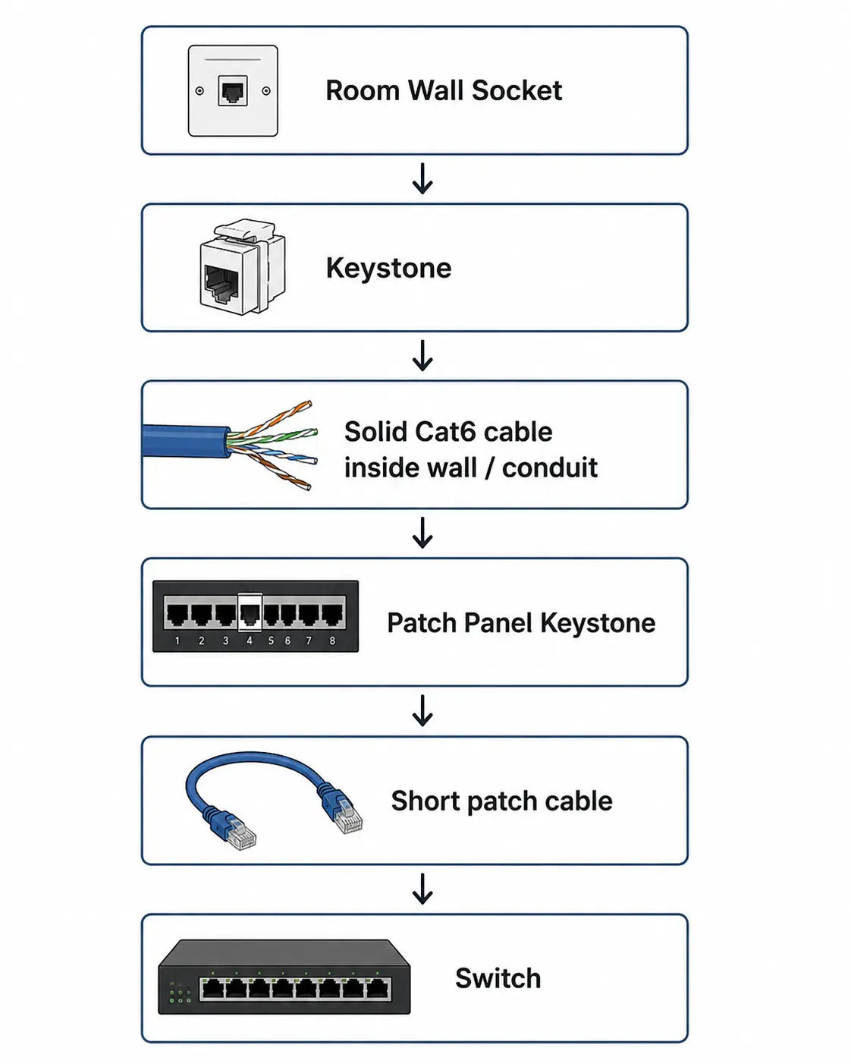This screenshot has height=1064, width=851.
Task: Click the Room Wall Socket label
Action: pyautogui.click(x=443, y=90)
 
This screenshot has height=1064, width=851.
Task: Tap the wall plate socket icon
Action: pyautogui.click(x=233, y=90)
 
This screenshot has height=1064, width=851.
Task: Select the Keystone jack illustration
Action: pyautogui.click(x=243, y=267)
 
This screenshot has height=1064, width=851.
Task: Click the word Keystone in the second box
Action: pyautogui.click(x=388, y=269)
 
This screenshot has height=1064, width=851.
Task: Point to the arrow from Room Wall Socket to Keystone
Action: pyautogui.click(x=422, y=178)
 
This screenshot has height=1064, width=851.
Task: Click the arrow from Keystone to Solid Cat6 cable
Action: pyautogui.click(x=422, y=355)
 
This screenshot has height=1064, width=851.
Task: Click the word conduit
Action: pyautogui.click(x=550, y=467)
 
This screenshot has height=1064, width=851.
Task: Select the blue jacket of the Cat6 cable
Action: pyautogui.click(x=186, y=441)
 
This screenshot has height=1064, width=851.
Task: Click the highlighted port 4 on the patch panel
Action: pyautogui.click(x=250, y=612)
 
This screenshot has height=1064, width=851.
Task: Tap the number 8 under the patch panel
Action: pyautogui.click(x=333, y=641)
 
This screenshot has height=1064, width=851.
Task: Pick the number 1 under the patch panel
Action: pyautogui.click(x=177, y=641)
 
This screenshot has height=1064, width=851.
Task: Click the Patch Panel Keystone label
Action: pyautogui.click(x=521, y=623)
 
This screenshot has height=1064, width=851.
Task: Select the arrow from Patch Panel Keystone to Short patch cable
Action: pyautogui.click(x=422, y=710)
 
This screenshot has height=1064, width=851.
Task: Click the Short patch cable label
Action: pyautogui.click(x=501, y=801)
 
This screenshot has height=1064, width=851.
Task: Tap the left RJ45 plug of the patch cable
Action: pyautogui.click(x=234, y=831)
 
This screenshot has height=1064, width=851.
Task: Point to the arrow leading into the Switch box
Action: pyautogui.click(x=422, y=889)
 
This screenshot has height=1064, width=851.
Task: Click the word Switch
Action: pyautogui.click(x=498, y=978)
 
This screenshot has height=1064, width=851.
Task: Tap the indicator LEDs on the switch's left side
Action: pyautogui.click(x=181, y=993)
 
